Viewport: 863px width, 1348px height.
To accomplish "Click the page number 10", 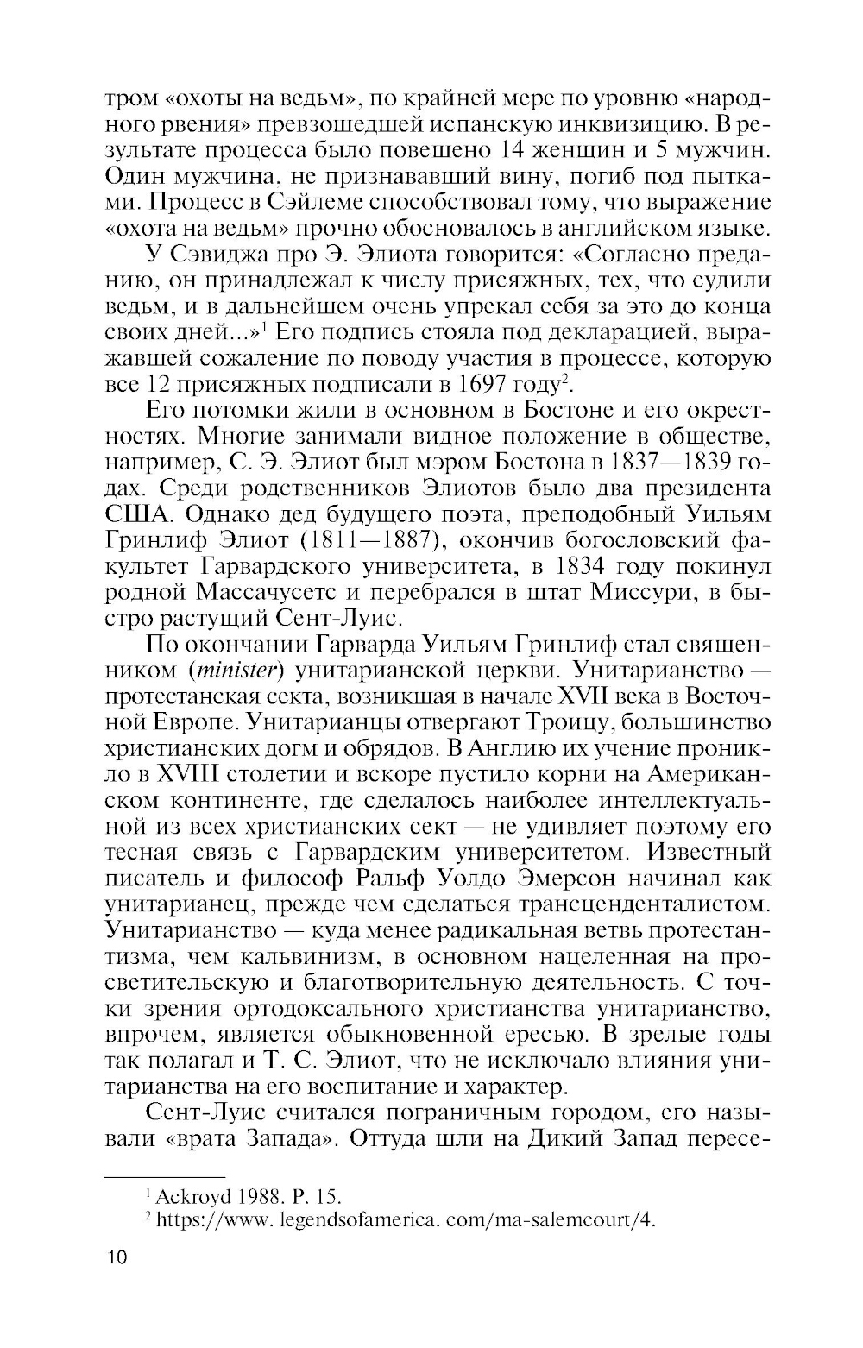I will [116, 1257].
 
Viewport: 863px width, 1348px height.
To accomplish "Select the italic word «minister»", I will [225, 671].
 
